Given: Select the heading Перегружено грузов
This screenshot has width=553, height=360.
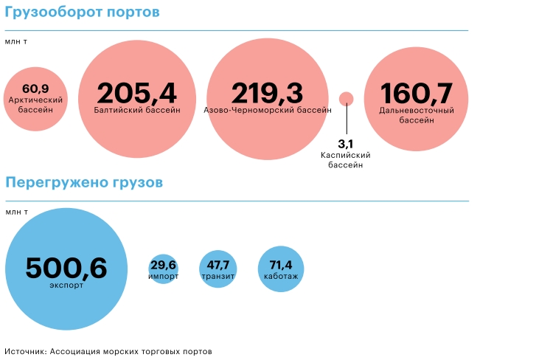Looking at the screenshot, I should (84, 182).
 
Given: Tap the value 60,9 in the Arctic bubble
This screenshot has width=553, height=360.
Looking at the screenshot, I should (35, 89).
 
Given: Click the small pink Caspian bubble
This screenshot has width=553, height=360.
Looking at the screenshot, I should (346, 98).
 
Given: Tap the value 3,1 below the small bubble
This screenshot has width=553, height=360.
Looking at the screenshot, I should (346, 143).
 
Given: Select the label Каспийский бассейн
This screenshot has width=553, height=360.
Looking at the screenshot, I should (346, 160).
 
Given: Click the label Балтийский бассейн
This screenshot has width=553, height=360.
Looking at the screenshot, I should (137, 110).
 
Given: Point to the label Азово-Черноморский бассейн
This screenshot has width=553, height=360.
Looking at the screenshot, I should (267, 110).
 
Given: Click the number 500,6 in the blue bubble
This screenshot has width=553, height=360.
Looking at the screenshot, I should (66, 268).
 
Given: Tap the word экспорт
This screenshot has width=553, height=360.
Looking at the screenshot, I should (66, 284).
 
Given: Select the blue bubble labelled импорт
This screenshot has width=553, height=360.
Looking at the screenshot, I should (163, 269).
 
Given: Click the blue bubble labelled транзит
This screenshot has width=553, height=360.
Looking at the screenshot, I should (218, 269).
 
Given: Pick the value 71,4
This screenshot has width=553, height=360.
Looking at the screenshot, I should (281, 264).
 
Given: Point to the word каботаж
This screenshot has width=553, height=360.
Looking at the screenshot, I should (281, 277).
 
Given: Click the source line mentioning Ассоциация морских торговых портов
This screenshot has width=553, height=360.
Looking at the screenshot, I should (108, 351).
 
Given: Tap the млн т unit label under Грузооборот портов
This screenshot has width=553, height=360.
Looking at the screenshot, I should (16, 41).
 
